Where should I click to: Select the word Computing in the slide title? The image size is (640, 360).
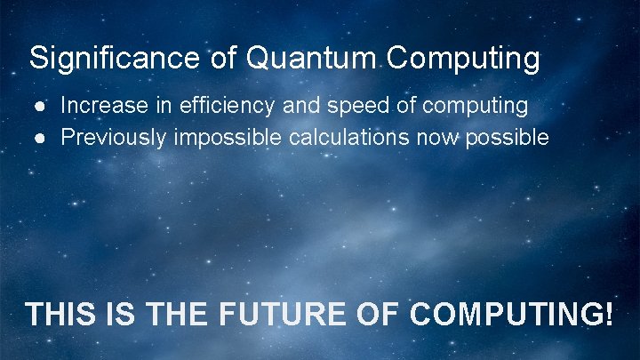pyautogui.click(x=464, y=59)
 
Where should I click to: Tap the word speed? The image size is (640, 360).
pyautogui.click(x=356, y=106)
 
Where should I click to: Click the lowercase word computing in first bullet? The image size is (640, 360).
pyautogui.click(x=476, y=106)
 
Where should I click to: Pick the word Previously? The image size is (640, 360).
pyautogui.click(x=115, y=138)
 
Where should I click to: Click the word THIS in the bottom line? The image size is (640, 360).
pyautogui.click(x=60, y=315)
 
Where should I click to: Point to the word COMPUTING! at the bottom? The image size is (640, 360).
pyautogui.click(x=512, y=315)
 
